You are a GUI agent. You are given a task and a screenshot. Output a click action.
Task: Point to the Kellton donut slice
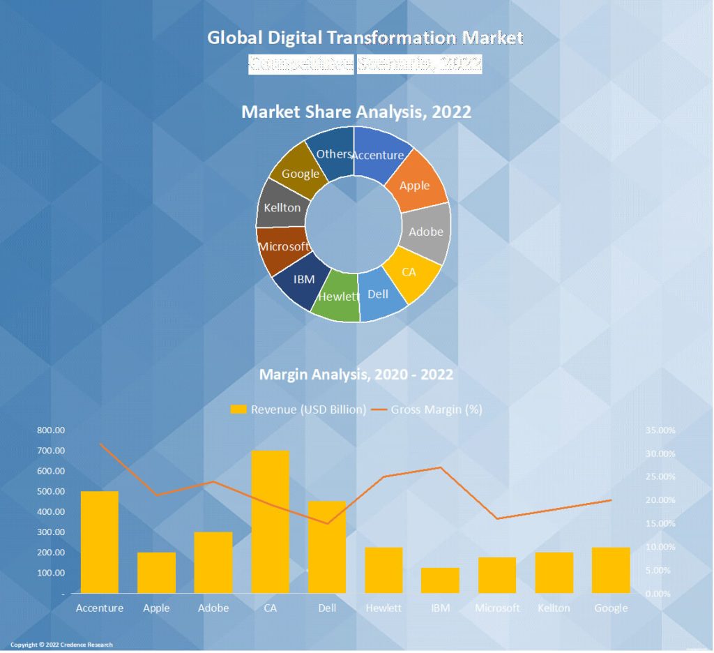(x=281, y=207)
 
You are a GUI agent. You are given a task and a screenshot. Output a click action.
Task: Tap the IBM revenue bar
(x=440, y=580)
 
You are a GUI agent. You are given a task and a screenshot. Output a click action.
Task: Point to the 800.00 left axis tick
(x=51, y=430)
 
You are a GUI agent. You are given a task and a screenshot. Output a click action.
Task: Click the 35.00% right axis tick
(x=660, y=430)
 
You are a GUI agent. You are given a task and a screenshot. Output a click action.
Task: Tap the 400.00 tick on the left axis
(x=51, y=512)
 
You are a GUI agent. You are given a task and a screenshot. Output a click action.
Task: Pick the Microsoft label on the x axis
(x=497, y=608)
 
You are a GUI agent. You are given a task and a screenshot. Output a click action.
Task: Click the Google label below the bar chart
(x=611, y=608)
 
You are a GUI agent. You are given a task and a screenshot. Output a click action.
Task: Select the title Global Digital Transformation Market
(x=365, y=38)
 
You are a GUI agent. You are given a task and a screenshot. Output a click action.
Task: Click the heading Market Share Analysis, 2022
(x=356, y=112)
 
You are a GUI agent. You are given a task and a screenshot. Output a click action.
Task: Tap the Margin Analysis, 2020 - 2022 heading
(x=356, y=375)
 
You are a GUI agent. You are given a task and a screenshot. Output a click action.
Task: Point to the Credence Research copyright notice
(x=61, y=645)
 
